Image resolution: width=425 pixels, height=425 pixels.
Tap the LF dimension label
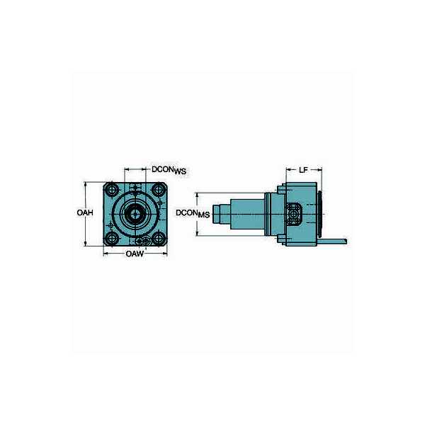click(x=302, y=170)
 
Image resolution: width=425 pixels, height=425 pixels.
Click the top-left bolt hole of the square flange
click(x=112, y=190)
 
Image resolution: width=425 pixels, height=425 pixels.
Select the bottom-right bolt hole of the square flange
click(x=157, y=237)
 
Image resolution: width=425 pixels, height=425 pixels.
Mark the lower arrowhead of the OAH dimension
click(x=86, y=244)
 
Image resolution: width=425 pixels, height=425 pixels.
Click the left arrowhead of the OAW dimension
click(x=106, y=253)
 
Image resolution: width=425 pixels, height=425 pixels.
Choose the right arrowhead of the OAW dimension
click(x=164, y=253)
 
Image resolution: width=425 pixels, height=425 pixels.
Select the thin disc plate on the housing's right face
click(x=323, y=214)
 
